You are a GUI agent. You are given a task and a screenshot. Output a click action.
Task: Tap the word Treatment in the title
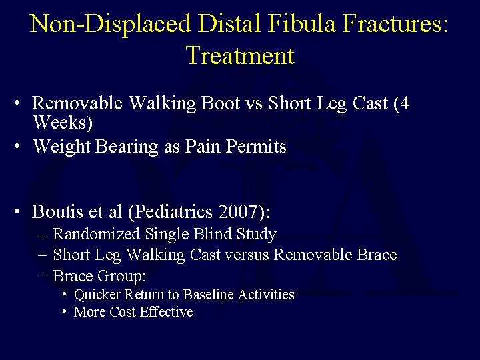[x=240, y=55]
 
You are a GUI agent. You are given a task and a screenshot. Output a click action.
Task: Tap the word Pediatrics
[x=173, y=212]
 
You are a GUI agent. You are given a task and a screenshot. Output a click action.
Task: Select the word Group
[x=119, y=275]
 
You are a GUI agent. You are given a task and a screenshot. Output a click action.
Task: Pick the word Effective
[x=165, y=312]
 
